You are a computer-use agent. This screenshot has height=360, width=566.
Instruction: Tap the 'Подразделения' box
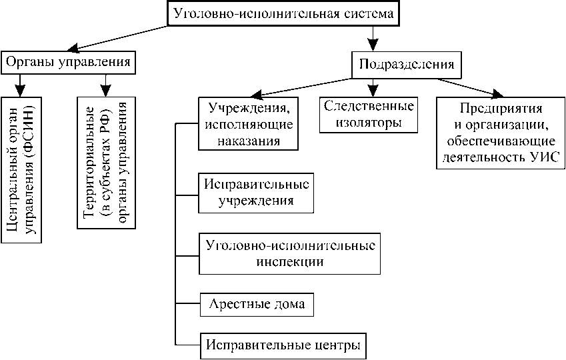[407, 65]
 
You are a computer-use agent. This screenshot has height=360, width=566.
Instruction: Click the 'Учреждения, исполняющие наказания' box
[247, 124]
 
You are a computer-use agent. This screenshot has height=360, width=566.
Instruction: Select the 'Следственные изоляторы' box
[369, 114]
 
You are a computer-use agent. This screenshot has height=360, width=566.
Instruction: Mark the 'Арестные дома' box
[257, 305]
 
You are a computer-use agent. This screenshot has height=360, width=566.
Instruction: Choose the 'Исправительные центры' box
[283, 345]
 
